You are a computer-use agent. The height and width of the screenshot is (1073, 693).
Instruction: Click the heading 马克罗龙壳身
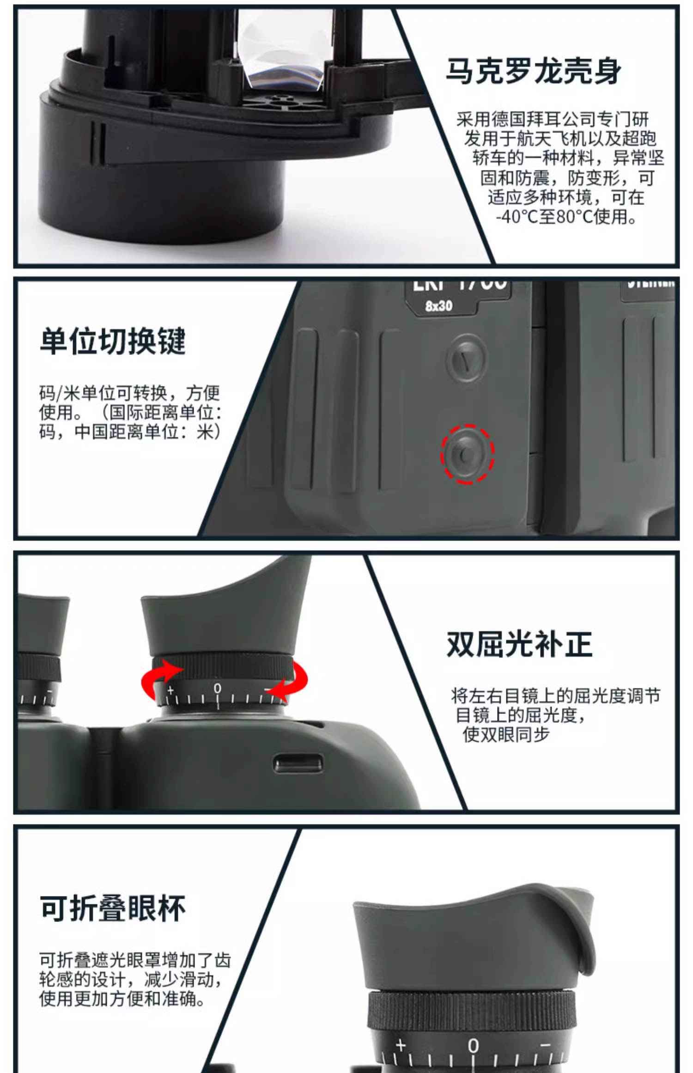pyautogui.click(x=533, y=72)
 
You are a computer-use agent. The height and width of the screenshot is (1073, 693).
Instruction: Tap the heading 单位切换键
pyautogui.click(x=113, y=341)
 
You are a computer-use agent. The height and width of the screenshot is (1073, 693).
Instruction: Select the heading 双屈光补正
pyautogui.click(x=519, y=644)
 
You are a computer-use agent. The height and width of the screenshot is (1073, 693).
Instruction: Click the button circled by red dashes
pyautogui.click(x=467, y=454)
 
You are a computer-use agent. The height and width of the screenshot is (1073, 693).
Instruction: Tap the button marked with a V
pyautogui.click(x=467, y=358)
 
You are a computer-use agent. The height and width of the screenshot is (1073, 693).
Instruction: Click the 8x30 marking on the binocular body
pyautogui.click(x=438, y=306)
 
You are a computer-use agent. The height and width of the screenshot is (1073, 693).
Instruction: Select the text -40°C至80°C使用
pyautogui.click(x=566, y=217)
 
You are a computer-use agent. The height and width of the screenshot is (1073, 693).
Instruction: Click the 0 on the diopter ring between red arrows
pyautogui.click(x=217, y=689)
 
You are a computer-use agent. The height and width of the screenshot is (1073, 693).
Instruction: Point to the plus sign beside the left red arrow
pyautogui.click(x=170, y=691)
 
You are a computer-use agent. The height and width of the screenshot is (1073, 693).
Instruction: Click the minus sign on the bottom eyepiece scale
pyautogui.click(x=545, y=1044)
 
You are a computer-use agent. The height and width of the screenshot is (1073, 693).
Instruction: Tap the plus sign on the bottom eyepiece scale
pyautogui.click(x=401, y=1045)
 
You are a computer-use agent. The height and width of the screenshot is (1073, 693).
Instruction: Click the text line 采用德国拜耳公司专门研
pyautogui.click(x=553, y=119)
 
